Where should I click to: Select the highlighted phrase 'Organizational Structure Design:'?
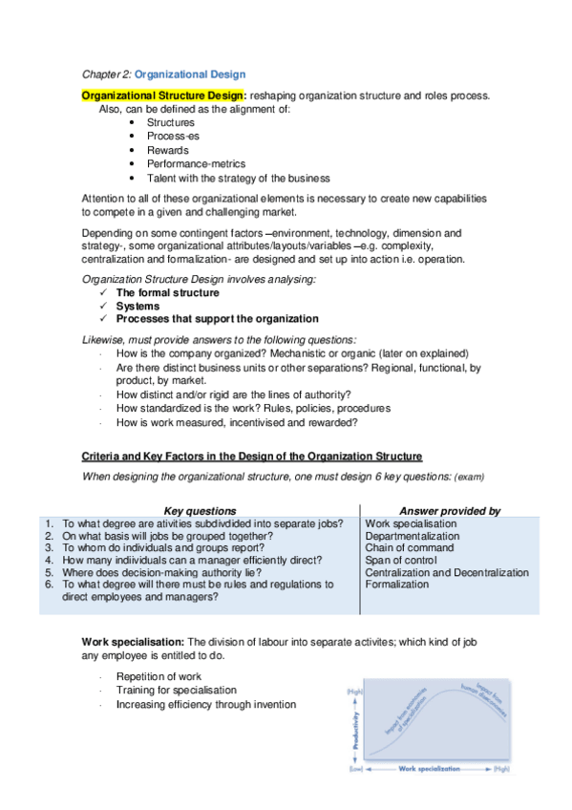164,96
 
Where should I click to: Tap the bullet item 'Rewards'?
167,150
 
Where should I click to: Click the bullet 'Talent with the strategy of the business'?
238,178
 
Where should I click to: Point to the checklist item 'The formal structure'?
167,292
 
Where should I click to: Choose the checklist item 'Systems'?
138,306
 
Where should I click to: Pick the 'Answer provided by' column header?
449,511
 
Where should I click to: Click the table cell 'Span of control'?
401,560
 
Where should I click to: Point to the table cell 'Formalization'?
396,584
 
